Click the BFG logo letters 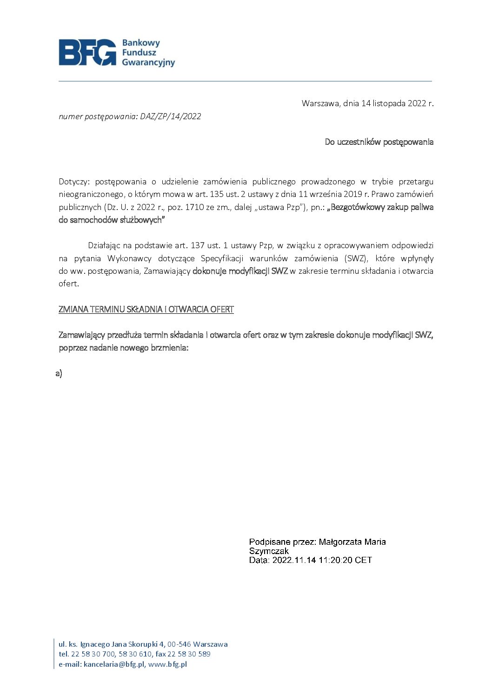click(x=87, y=52)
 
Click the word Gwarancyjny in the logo click(x=148, y=62)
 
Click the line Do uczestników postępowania click(x=379, y=142)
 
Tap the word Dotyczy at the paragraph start click(x=73, y=182)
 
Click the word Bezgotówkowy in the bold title click(x=356, y=207)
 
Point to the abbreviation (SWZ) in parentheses click(x=356, y=258)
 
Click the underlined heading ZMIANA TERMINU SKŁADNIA click(x=146, y=310)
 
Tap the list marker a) click(x=59, y=373)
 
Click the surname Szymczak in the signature click(x=269, y=551)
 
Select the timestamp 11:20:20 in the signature click(x=335, y=560)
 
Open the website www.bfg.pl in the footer click(x=167, y=664)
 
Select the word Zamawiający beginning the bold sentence click(x=82, y=335)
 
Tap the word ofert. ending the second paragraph click(x=69, y=284)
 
